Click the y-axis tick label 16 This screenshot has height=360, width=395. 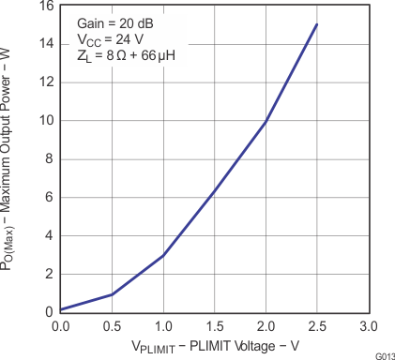point(44,7)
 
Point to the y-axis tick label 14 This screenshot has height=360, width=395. point(44,44)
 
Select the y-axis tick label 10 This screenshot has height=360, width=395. point(44,121)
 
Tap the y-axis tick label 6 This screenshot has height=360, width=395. point(48,198)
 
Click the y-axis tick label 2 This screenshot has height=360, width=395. point(48,274)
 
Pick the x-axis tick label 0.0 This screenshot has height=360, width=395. point(61,326)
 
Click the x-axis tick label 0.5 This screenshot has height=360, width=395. point(112,326)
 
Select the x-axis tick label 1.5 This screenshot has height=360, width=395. point(214,326)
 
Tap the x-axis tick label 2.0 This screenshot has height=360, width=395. point(266,326)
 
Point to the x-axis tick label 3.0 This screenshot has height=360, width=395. point(368,326)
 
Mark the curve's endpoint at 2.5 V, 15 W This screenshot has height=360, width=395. point(317,25)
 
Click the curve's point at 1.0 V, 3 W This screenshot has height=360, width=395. point(163,255)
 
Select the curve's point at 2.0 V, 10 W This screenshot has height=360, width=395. point(266,121)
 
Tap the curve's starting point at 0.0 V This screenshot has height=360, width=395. point(61,309)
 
